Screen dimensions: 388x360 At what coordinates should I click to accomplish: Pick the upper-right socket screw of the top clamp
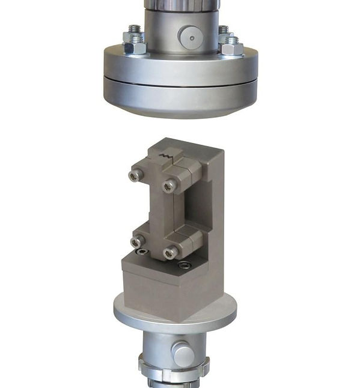[170, 186]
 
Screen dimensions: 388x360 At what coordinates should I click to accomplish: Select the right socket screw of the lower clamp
[171, 253]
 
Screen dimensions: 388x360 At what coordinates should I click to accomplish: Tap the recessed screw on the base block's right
[187, 265]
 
